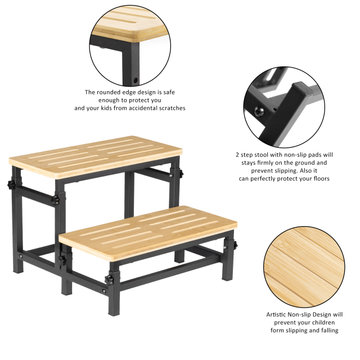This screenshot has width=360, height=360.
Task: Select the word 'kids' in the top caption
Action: pyautogui.click(x=105, y=107)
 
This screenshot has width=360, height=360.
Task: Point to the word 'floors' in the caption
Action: pyautogui.click(x=317, y=178)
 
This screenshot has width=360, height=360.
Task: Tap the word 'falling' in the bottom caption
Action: pyautogui.click(x=327, y=330)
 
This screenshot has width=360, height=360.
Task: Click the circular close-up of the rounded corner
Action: pyautogui.click(x=130, y=43)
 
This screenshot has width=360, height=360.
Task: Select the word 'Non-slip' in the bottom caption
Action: pyautogui.click(x=304, y=314)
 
